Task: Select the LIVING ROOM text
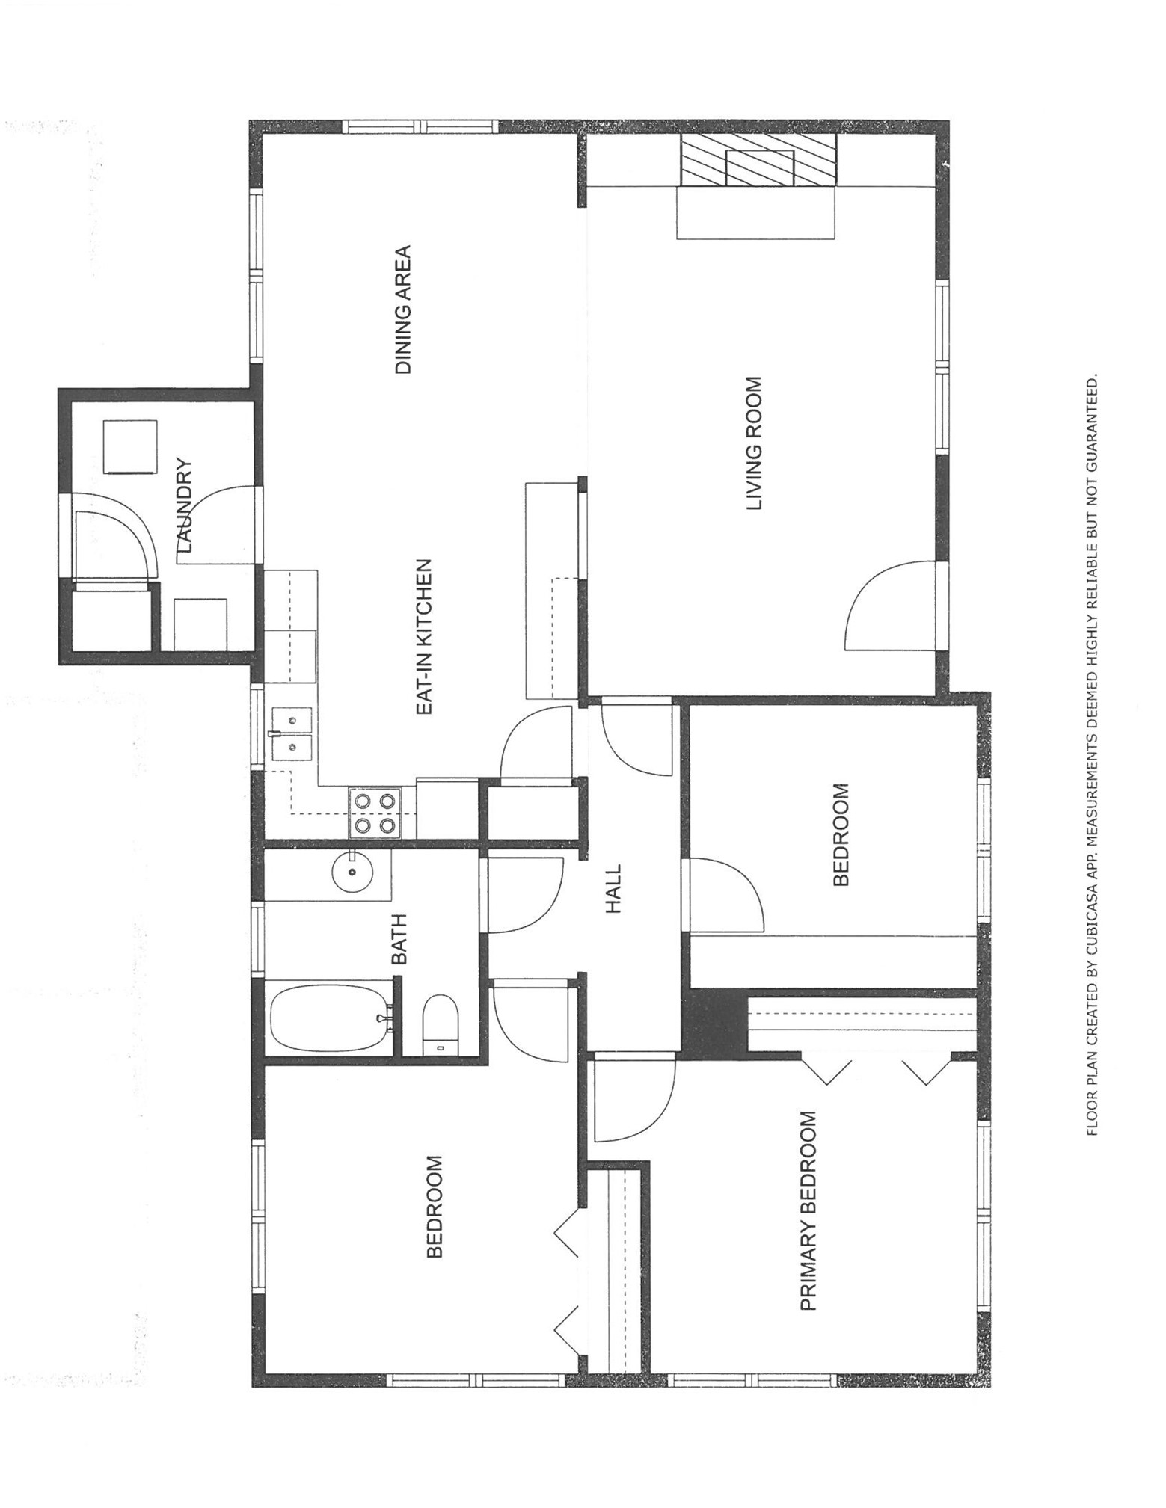[x=755, y=443]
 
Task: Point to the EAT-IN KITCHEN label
[x=424, y=636]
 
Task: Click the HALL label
[x=613, y=889]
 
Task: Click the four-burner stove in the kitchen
[x=374, y=813]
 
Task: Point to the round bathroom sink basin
[x=352, y=872]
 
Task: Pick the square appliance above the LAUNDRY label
[x=131, y=446]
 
